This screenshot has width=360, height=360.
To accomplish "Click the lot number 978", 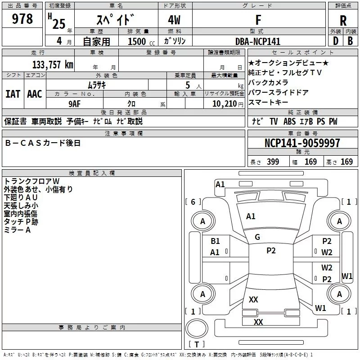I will coord(23,19).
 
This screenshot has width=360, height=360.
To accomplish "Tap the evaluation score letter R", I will coord(343,20).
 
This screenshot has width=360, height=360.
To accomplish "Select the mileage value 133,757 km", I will coord(53,64).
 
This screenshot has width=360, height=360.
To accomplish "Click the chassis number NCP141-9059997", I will coord(302,143).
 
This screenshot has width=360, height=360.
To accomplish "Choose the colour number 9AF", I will coord(74,103).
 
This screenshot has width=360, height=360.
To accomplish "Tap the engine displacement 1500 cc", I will coord(137,41).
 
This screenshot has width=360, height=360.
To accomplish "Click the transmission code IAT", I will coord(13,94).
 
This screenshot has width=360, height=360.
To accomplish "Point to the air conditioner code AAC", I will coord(35,94).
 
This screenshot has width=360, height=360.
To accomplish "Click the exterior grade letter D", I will coord(335,41).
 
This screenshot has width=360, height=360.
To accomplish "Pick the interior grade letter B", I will coord(351,41).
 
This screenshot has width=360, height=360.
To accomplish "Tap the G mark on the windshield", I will coord(257,237).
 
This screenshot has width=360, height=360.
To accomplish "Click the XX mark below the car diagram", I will coord(258,322).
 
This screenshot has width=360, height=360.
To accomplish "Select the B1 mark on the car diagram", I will coord(216,241).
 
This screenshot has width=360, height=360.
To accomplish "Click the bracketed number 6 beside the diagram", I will coord(193,202).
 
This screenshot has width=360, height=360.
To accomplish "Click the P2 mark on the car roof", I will coord(271,251).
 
